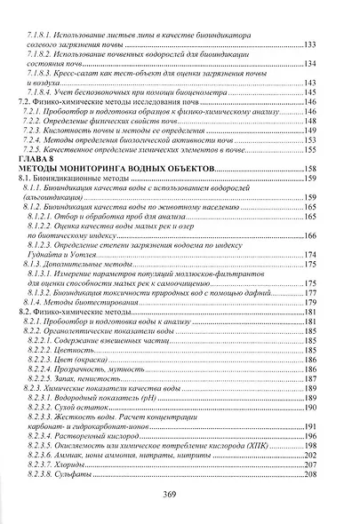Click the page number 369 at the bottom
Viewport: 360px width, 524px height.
pyautogui.click(x=180, y=495)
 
